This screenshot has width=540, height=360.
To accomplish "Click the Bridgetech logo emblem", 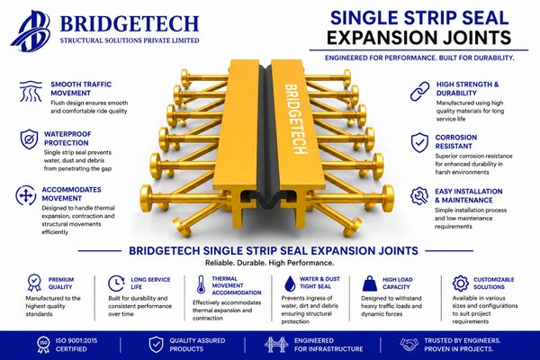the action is click(x=31, y=31).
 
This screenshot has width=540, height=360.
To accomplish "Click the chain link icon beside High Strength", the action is click(x=419, y=91).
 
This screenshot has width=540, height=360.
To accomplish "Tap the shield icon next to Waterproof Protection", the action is click(x=30, y=139).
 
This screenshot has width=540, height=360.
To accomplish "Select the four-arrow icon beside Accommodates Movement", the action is click(x=26, y=195).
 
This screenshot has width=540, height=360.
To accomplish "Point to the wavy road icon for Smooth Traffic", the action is click(x=31, y=91).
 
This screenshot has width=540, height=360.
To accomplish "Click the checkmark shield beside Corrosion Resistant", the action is click(x=419, y=142).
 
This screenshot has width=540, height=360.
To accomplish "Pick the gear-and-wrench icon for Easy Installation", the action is click(x=419, y=195).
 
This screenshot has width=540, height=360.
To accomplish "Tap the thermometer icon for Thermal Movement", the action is click(x=201, y=284).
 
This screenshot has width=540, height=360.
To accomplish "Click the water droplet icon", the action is click(x=290, y=283).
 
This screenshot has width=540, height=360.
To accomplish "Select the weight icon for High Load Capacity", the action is click(x=370, y=283).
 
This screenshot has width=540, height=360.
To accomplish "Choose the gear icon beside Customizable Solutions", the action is click(x=461, y=283).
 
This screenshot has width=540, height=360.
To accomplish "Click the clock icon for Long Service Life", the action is click(x=116, y=283).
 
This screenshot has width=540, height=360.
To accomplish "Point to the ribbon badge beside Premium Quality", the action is click(x=34, y=283).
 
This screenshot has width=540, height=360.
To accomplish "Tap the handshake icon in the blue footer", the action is click(x=409, y=345).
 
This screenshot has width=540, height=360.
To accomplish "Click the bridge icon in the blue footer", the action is click(x=276, y=345).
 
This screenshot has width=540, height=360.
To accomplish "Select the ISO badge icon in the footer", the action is click(x=43, y=345).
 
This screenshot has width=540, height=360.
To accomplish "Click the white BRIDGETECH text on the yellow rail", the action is click(x=295, y=119).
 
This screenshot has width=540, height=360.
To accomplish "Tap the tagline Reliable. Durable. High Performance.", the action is click(x=270, y=263).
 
